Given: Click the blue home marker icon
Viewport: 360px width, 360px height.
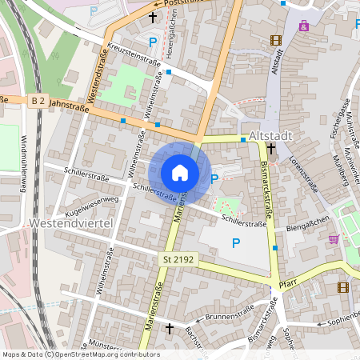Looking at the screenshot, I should click(180, 172).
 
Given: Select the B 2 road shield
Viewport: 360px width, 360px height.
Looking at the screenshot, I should click(37, 100).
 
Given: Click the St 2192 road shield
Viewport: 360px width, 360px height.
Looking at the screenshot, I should click(178, 259).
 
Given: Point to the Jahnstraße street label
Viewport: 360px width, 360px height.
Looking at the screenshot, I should click(67, 104).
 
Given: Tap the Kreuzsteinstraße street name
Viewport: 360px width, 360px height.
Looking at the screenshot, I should click(137, 52).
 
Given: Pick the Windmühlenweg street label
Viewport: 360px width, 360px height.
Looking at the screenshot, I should click(25, 165).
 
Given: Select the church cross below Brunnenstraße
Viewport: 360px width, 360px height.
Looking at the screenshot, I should click(169, 329).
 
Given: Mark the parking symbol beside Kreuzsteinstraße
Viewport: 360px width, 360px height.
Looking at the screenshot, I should click(152, 42).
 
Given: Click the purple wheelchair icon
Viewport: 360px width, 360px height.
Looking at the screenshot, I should click(303, 26).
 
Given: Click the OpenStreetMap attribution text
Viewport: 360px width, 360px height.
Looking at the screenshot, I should click(81, 354).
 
